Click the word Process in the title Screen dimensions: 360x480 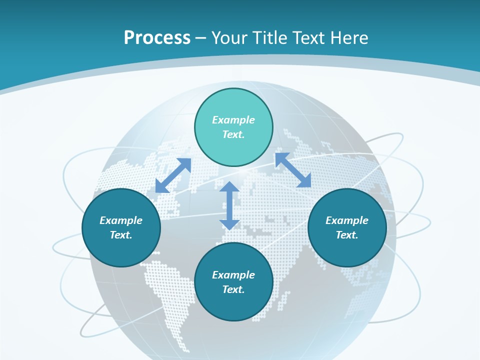[157, 38]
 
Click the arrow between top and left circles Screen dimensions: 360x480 [173, 175]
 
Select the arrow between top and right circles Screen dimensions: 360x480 [293, 170]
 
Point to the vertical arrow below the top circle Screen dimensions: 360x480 [229, 205]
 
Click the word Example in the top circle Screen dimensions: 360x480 [233, 120]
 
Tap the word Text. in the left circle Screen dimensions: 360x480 [121, 235]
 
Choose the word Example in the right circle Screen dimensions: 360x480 [347, 220]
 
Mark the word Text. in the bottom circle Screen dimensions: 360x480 [233, 289]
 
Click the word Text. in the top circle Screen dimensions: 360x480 [233, 134]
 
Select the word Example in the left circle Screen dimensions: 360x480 [121, 220]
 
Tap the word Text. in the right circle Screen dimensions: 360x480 [347, 235]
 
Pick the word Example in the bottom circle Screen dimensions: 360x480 [233, 275]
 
